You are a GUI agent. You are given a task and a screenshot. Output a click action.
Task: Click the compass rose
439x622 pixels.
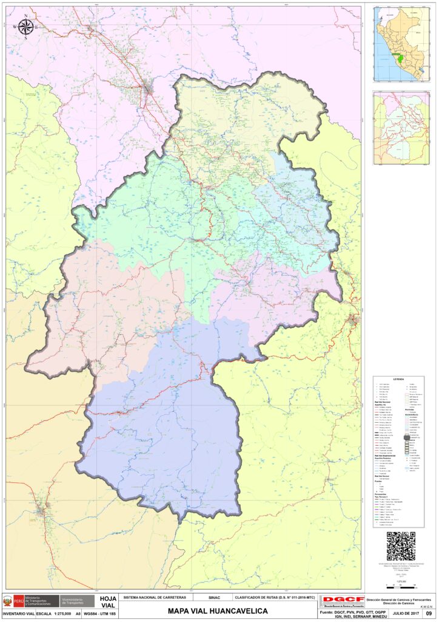[27, 26]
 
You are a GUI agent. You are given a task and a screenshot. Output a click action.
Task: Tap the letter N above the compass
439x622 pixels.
[27, 16]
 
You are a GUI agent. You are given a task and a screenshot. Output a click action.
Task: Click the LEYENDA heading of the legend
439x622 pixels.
[398, 380]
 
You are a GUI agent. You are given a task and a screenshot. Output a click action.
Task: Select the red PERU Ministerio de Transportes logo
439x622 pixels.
[32, 601]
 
